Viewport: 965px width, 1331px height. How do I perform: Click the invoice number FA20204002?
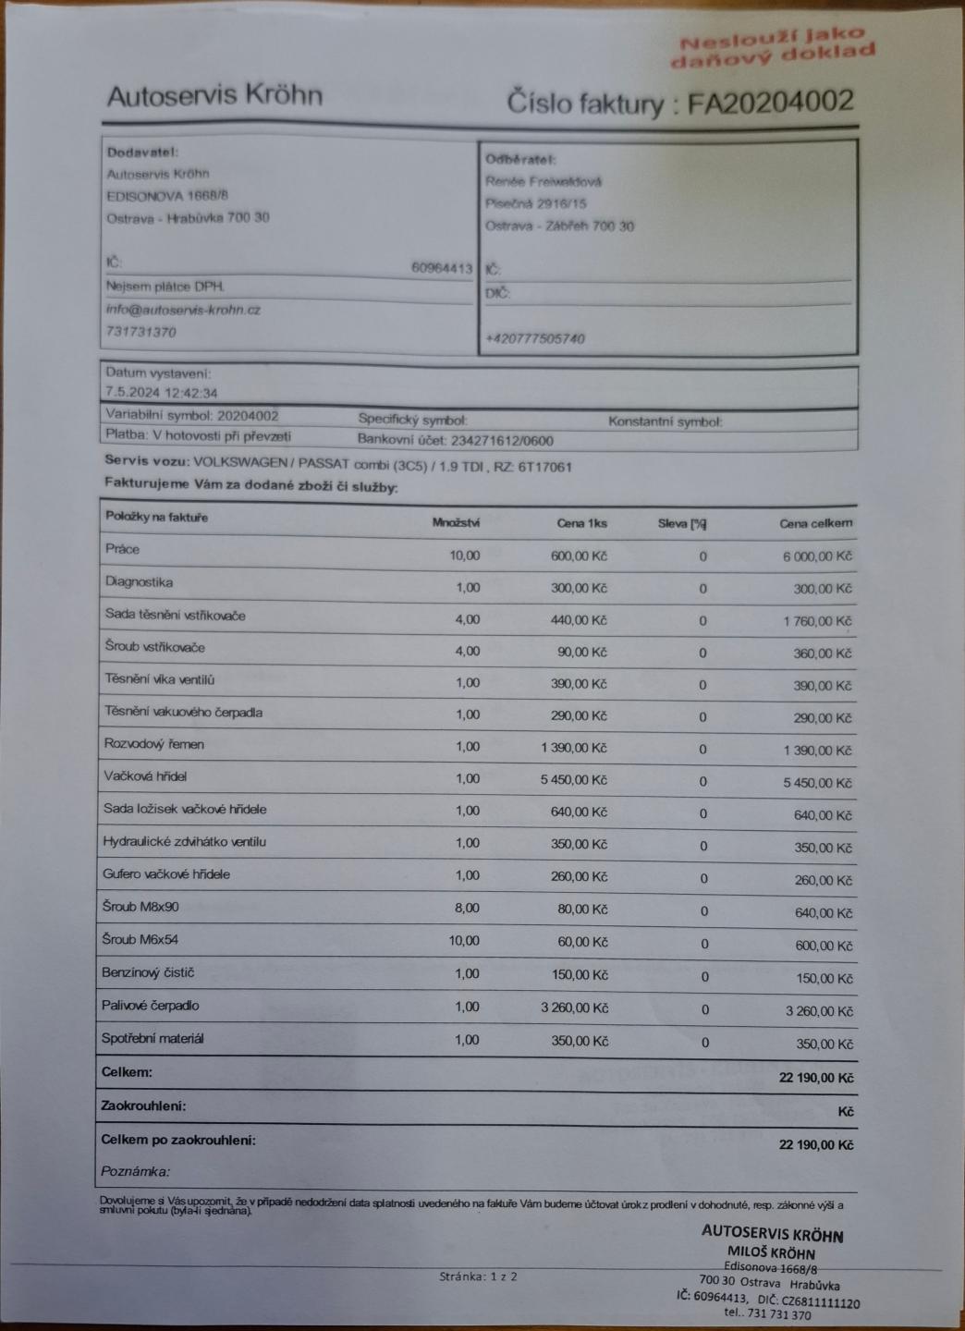pyautogui.click(x=770, y=101)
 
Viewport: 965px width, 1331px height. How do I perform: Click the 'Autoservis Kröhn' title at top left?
pyautogui.click(x=214, y=95)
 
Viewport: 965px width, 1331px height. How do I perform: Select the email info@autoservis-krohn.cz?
pyautogui.click(x=183, y=310)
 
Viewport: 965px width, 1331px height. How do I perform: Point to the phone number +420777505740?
pyautogui.click(x=535, y=338)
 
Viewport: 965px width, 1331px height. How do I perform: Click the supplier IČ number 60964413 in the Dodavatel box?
pyautogui.click(x=442, y=268)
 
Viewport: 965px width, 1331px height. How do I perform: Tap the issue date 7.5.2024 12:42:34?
pyautogui.click(x=162, y=393)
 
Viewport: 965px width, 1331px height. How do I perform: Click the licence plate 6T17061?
pyautogui.click(x=546, y=467)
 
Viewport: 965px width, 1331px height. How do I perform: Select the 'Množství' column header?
pyautogui.click(x=456, y=522)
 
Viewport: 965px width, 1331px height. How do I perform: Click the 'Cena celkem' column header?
pyautogui.click(x=815, y=523)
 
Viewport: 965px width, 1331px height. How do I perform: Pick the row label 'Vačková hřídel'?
pyautogui.click(x=145, y=776)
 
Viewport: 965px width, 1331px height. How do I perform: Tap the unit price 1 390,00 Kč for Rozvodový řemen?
pyautogui.click(x=574, y=747)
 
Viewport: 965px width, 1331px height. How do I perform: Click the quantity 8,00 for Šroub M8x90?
pyautogui.click(x=467, y=908)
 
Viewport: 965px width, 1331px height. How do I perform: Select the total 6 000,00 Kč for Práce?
pyautogui.click(x=817, y=556)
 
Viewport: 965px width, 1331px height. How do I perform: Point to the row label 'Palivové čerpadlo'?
pyautogui.click(x=150, y=1006)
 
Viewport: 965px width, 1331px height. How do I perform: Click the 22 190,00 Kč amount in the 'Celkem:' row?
pyautogui.click(x=815, y=1078)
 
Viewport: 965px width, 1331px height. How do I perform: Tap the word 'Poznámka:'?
pyautogui.click(x=135, y=1171)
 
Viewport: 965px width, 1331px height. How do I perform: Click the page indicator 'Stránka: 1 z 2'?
pyautogui.click(x=478, y=1276)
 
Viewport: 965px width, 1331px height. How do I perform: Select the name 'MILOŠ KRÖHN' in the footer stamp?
pyautogui.click(x=771, y=1253)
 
